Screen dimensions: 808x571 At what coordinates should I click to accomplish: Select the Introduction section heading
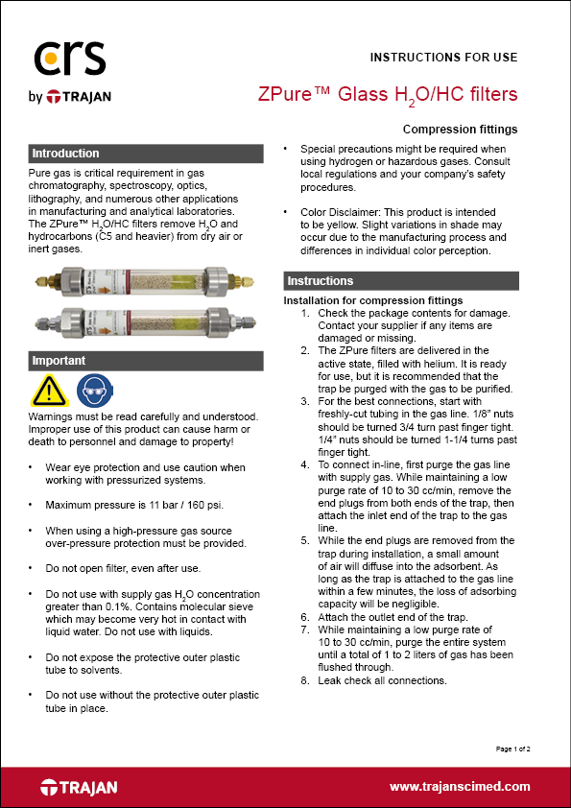65,154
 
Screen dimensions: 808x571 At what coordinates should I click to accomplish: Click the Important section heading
59,361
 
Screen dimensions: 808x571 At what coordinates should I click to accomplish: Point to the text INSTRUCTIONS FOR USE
443,57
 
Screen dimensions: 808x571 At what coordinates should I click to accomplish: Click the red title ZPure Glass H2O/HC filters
388,94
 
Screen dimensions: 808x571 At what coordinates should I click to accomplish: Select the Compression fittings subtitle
460,130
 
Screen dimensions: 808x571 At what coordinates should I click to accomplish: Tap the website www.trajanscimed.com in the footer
460,786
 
